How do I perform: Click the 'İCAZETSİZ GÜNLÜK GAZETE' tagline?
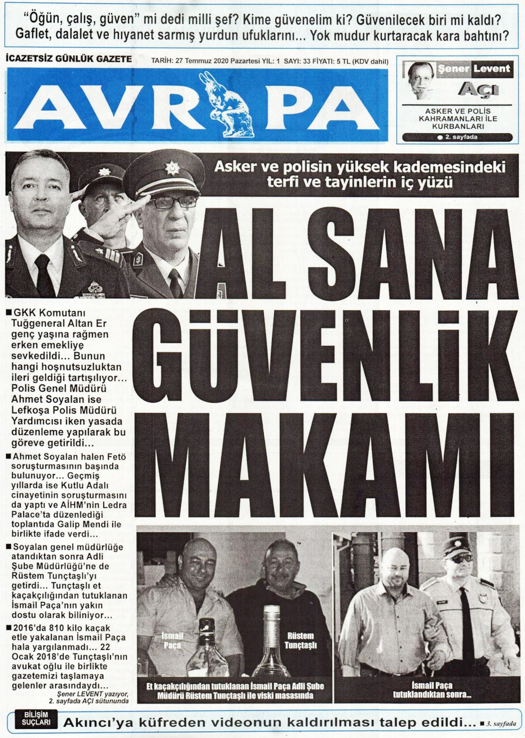click(x=68, y=59)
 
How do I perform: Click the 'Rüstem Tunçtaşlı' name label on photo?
click(x=301, y=640)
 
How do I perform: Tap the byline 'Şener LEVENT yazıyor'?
click(x=92, y=693)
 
